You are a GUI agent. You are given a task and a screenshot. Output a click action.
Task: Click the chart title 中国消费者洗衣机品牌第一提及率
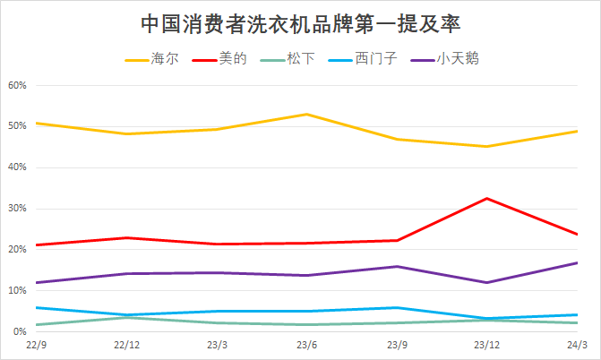301,21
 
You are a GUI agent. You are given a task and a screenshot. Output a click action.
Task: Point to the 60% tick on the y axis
18,86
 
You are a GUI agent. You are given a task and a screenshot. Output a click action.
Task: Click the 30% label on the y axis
18,209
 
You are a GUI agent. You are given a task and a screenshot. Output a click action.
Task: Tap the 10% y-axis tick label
18,291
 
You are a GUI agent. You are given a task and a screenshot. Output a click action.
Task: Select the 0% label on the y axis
21,332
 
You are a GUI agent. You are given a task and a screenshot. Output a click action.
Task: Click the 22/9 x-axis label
37,345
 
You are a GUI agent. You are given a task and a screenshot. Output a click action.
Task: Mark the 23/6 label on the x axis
306,345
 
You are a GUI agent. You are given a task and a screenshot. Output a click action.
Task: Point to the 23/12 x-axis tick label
486,345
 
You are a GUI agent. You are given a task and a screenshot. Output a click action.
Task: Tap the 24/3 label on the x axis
577,345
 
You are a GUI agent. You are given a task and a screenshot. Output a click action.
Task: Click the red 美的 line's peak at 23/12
486,198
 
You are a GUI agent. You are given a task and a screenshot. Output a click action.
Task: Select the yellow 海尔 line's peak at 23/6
306,114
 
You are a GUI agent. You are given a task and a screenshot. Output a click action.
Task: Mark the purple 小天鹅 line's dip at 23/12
486,282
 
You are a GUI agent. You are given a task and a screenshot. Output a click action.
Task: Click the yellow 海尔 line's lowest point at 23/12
486,146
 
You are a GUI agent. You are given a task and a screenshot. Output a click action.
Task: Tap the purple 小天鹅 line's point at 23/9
397,266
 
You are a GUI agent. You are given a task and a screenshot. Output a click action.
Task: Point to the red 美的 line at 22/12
126,237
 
